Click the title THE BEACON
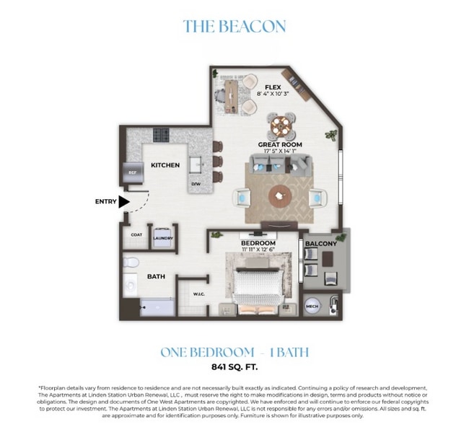tap(234, 27)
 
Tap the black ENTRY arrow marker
tap(124, 202)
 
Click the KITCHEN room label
tap(165, 165)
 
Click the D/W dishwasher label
tap(196, 185)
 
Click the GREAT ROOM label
tap(281, 144)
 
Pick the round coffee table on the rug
tap(279, 195)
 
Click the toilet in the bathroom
tap(131, 263)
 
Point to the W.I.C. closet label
tap(199, 294)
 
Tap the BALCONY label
tap(320, 244)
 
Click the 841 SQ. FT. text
tap(234, 367)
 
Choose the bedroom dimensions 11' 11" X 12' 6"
tap(258, 250)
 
